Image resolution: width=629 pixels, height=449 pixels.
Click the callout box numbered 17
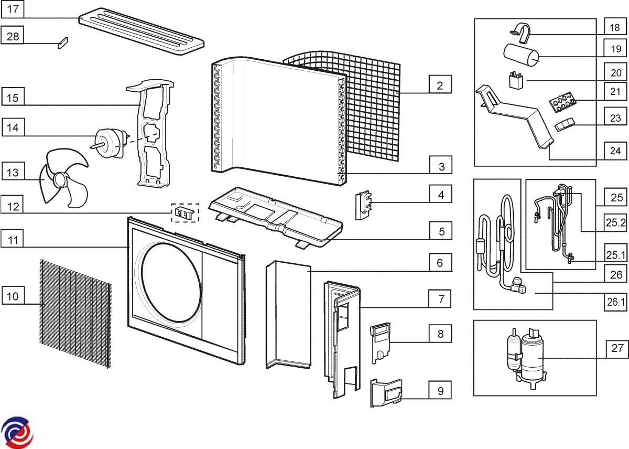point(13,9)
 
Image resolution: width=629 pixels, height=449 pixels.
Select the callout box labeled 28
point(13,36)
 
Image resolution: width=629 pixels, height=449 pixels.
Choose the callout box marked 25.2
point(616,223)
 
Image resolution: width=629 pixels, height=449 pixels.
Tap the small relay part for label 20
point(517,81)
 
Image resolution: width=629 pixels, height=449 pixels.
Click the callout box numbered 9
point(440,391)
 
